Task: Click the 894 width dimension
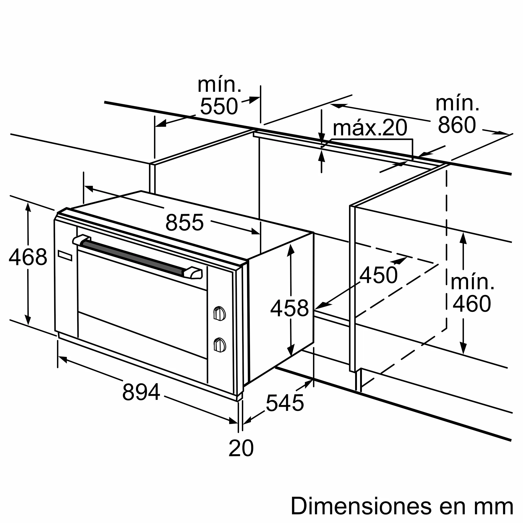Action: coord(141,392)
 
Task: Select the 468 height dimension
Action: coord(28,257)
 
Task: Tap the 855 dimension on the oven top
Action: coord(184,223)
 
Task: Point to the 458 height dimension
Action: coord(289,308)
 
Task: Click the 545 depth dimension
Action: coord(285,403)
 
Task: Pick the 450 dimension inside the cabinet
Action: coord(378,275)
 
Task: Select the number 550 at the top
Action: coord(219,106)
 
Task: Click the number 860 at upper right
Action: coord(457,125)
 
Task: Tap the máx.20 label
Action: coord(370,128)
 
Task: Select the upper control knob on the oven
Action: coord(220,314)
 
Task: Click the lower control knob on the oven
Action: coord(220,345)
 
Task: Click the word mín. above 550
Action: coord(219,85)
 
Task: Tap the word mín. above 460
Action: coord(472,282)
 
